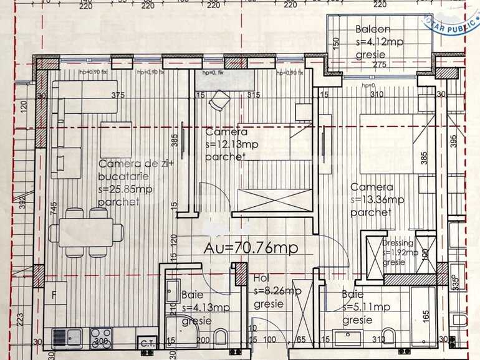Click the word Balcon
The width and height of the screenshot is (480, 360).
[x=373, y=29]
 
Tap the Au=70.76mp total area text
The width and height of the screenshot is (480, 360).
[x=251, y=247]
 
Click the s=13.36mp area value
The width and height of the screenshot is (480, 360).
[x=377, y=200]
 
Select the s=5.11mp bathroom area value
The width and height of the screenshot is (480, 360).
[x=366, y=306]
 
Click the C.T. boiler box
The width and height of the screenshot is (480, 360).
[x=148, y=342]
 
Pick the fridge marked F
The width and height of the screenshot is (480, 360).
[x=55, y=294]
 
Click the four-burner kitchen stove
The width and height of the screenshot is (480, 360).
[x=100, y=337]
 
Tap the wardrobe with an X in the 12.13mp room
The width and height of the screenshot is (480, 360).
[x=274, y=201]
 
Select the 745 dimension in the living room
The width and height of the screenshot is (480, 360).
[x=55, y=207]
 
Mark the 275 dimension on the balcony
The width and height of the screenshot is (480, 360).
[x=381, y=64]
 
